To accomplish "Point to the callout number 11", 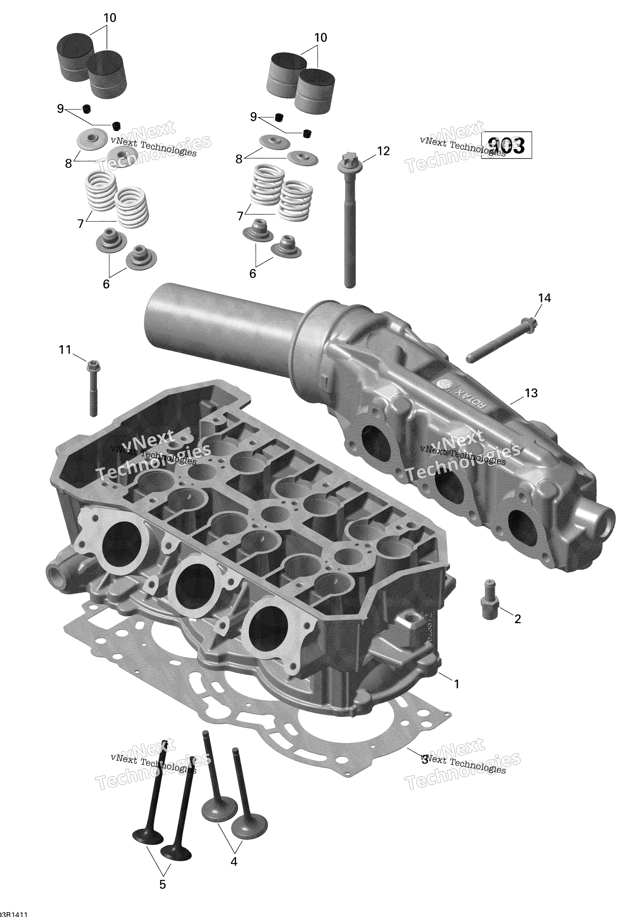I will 65,350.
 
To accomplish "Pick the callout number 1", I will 457,684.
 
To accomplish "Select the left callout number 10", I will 110,18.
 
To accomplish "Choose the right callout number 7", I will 240,216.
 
